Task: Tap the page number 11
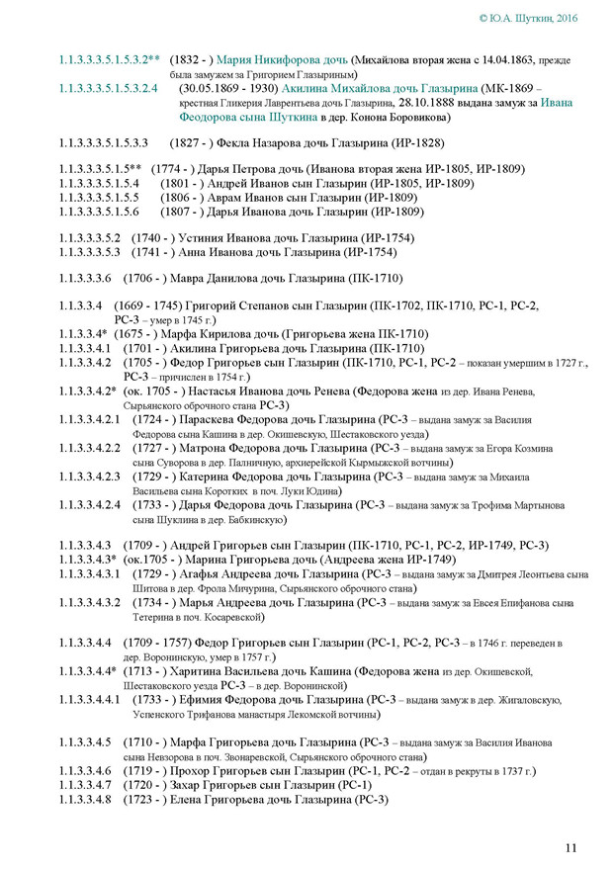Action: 571,846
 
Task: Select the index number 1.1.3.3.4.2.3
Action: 97,477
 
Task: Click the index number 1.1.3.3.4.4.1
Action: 97,699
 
